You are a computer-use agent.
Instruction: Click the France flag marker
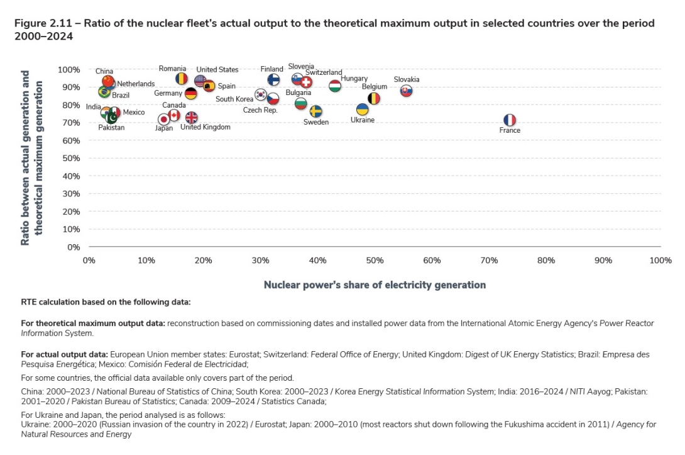point(510,120)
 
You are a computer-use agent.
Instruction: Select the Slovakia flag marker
point(407,91)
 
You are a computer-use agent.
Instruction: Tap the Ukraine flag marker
point(363,110)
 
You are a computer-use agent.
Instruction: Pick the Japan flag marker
point(163,119)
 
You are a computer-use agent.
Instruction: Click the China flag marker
point(108,81)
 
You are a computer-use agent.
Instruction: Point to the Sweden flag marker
point(316,111)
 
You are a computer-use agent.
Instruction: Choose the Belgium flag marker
point(373,98)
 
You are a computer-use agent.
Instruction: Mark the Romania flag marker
point(182,79)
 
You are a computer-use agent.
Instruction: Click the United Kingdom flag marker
point(191,118)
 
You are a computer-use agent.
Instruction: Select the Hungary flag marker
point(335,86)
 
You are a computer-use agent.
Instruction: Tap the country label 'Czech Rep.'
point(260,110)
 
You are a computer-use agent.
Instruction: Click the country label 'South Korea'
point(234,99)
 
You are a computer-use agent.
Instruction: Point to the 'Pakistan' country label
point(111,128)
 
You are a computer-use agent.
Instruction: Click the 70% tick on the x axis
point(489,261)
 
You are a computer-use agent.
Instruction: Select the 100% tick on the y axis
point(68,69)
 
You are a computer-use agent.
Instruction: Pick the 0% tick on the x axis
point(89,261)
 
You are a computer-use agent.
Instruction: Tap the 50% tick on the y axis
point(70,158)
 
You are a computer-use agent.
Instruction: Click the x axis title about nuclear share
point(375,285)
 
